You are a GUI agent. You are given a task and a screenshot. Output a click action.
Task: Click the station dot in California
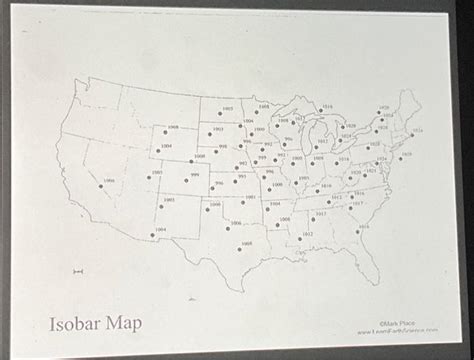(100, 189)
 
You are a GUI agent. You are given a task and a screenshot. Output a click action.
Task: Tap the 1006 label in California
(109, 181)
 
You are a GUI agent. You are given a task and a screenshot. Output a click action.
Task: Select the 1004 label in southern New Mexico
(160, 229)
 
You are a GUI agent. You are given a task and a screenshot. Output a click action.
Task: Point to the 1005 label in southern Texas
(246, 243)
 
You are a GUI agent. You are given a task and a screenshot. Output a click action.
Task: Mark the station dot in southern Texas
(238, 250)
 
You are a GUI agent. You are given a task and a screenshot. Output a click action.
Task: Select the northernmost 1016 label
(328, 105)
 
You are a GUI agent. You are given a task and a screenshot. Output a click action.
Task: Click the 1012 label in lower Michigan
(322, 142)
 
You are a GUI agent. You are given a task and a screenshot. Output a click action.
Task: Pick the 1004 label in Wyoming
(165, 146)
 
